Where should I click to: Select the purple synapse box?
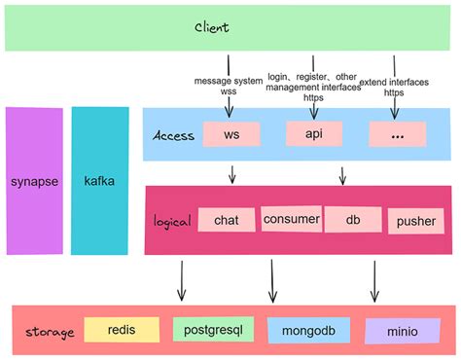coord(33,182)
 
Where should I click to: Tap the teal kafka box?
coord(99,182)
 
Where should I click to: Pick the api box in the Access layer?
coord(314,133)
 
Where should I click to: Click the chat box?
coord(226,219)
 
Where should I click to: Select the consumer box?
coord(291,219)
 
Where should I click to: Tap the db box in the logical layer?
coord(351,219)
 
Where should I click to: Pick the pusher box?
coord(415,221)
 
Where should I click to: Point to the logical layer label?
coord(171,221)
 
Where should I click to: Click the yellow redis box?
coord(121,330)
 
